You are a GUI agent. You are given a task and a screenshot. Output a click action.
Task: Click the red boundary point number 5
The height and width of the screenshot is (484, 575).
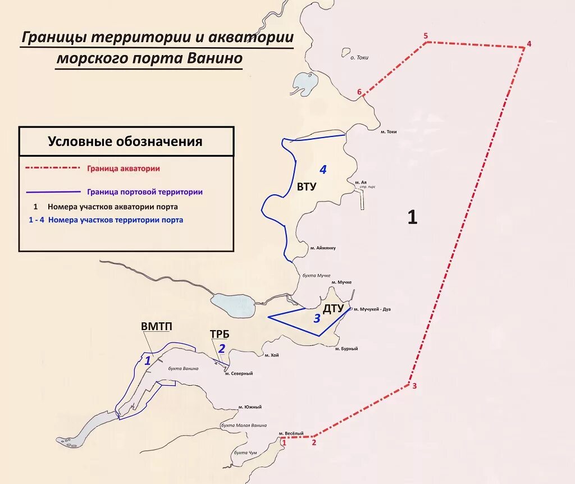point(426,36)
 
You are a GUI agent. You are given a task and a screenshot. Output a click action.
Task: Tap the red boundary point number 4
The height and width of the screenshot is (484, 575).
point(528,44)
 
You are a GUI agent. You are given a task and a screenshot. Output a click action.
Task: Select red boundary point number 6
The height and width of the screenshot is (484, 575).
point(359,92)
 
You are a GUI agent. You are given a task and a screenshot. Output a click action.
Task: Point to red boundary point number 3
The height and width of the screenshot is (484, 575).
point(414,386)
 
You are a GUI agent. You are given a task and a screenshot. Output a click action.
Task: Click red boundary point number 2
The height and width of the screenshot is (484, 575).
point(314,442)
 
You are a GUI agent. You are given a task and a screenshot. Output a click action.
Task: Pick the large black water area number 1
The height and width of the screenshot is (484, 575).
point(412,217)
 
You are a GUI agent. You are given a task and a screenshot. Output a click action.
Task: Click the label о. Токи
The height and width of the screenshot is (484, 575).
point(359,57)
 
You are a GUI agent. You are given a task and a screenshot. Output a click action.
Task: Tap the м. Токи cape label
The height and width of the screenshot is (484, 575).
point(389,132)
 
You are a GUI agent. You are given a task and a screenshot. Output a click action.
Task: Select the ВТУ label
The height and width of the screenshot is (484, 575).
point(307,187)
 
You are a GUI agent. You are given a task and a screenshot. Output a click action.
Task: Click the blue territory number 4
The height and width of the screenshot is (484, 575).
point(322,169)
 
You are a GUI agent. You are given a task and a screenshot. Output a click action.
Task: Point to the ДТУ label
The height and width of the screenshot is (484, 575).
point(333,308)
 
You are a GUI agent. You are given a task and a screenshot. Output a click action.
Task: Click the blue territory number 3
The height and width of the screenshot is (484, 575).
point(317,319)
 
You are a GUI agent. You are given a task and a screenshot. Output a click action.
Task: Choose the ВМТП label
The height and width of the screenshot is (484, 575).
point(157,326)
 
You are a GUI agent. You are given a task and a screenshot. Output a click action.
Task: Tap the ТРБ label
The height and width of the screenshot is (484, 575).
point(220,335)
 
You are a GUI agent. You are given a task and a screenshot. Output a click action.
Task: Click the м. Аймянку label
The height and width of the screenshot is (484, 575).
point(323,247)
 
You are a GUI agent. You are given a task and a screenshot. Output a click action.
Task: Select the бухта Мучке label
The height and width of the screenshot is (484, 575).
point(315,275)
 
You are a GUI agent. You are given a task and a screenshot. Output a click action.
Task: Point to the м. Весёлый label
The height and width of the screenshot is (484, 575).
point(291,433)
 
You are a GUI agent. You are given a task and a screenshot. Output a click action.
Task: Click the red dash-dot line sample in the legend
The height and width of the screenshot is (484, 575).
point(53,167)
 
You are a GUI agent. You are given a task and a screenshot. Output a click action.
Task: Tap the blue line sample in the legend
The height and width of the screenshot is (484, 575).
point(53,191)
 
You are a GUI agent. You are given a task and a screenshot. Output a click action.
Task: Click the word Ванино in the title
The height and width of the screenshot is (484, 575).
point(214,58)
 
